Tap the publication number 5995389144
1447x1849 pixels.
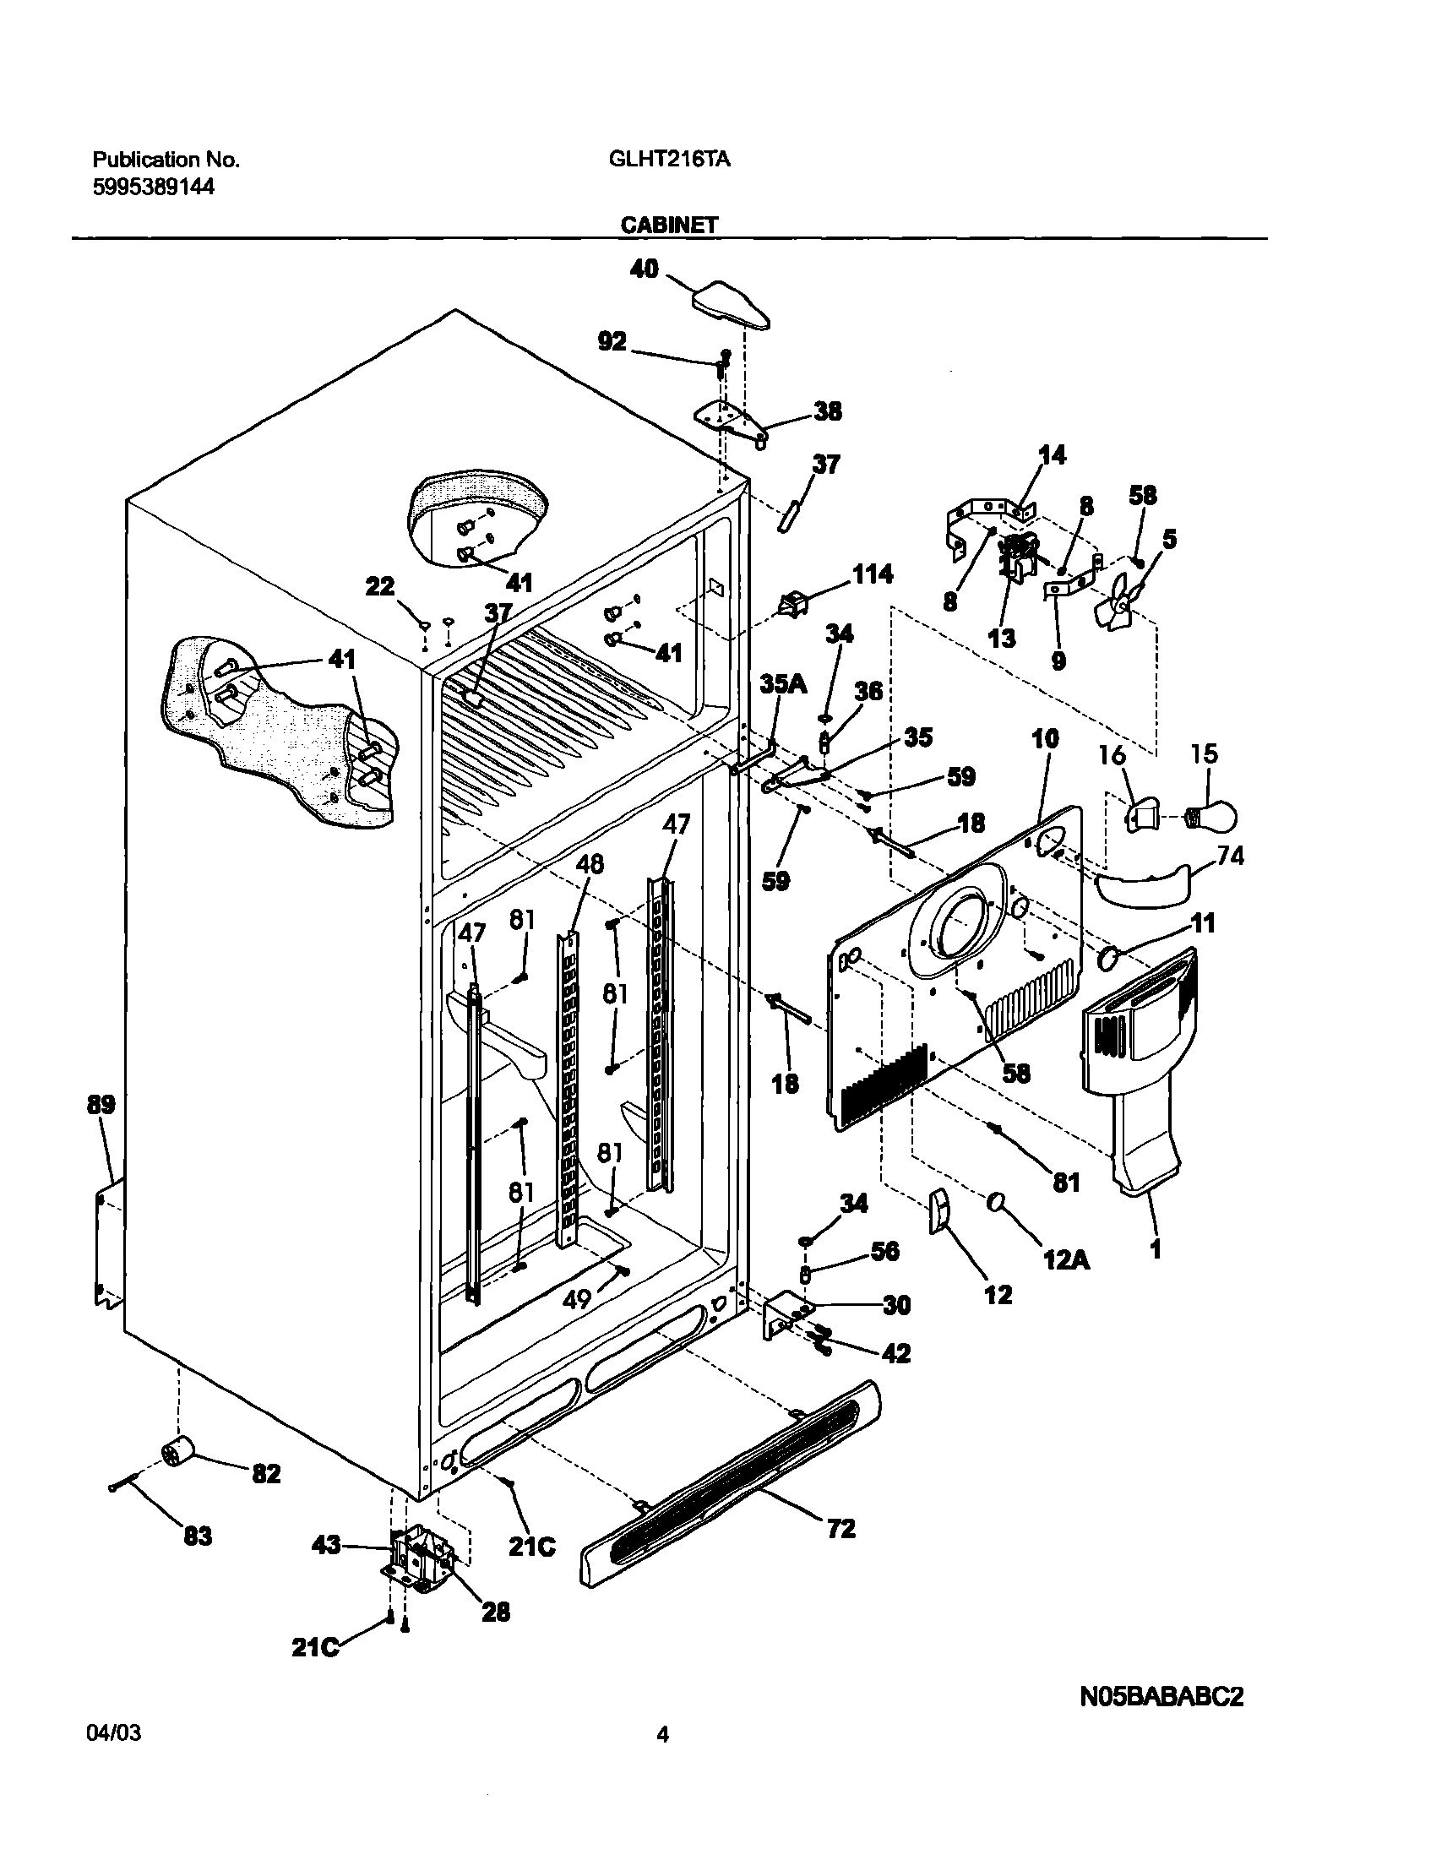pyautogui.click(x=153, y=188)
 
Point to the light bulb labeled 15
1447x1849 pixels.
pyautogui.click(x=1214, y=816)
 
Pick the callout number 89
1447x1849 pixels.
pyautogui.click(x=100, y=1106)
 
